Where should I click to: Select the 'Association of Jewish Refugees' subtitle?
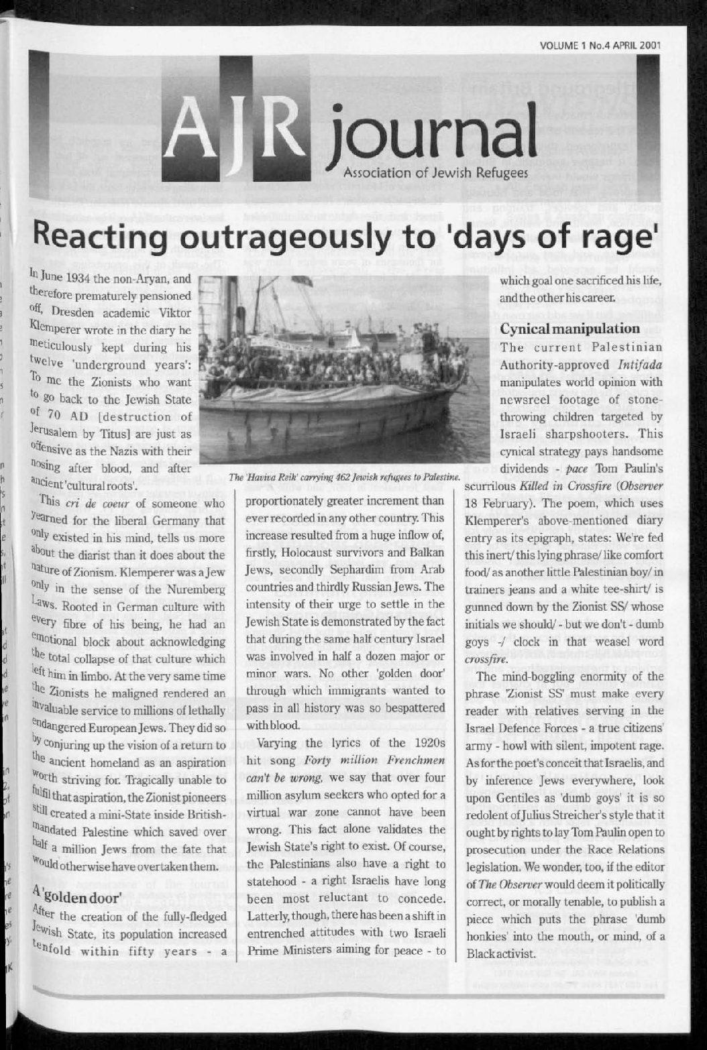click(x=435, y=172)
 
